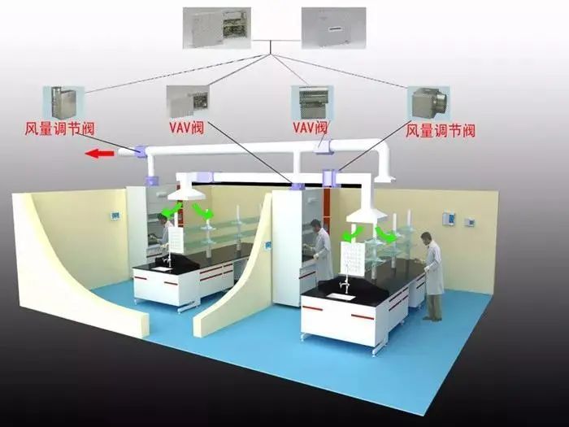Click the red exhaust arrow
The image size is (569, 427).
(99, 154)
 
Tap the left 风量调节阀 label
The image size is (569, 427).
(59, 129)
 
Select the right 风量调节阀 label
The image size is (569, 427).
(441, 131)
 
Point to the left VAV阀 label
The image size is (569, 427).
(186, 128)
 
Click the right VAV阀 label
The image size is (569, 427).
(310, 128)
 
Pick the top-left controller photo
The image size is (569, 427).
(217, 28)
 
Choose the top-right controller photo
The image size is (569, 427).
(333, 28)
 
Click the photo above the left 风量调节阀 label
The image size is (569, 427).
(63, 103)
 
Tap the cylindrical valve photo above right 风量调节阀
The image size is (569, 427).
(428, 104)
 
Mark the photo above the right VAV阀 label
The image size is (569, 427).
(312, 102)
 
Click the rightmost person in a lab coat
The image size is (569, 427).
(432, 276)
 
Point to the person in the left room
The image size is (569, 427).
(165, 231)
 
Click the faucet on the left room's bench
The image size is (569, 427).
(167, 259)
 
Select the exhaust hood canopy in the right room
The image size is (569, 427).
(367, 215)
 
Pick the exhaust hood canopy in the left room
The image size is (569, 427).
(186, 194)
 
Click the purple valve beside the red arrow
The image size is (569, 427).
(141, 151)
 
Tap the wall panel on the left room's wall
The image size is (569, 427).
(115, 216)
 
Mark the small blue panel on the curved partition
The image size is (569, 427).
(267, 246)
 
